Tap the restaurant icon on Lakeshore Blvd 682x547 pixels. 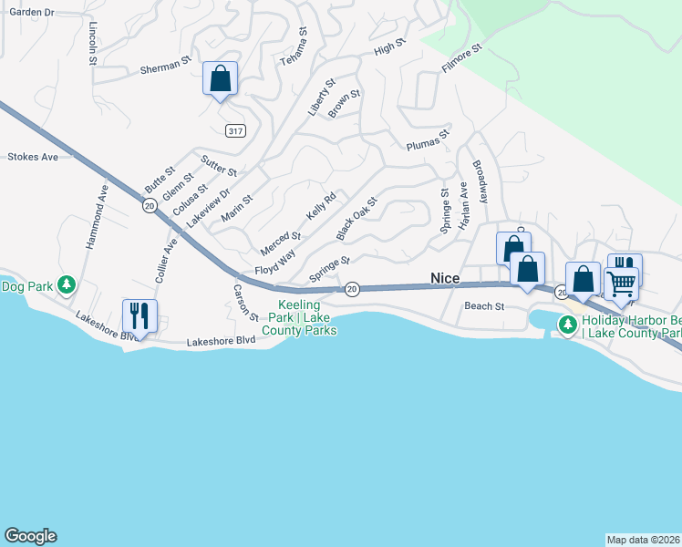tap(139, 315)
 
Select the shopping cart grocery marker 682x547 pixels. tap(621, 283)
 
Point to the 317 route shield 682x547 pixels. tap(236, 131)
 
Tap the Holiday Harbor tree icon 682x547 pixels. tap(567, 324)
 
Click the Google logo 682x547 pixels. tap(30, 536)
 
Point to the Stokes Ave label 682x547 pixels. tap(33, 157)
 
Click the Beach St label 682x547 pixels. tap(484, 306)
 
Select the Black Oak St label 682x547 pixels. tap(356, 219)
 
